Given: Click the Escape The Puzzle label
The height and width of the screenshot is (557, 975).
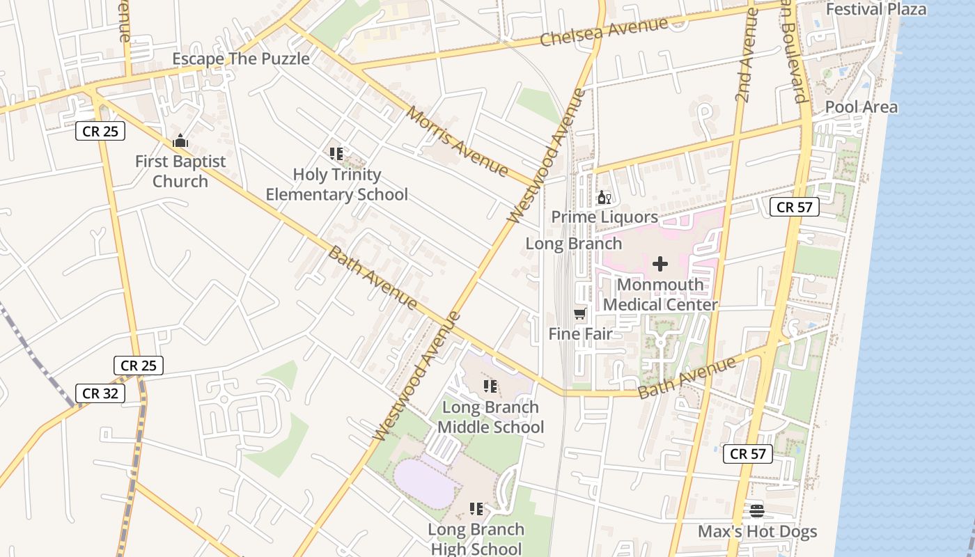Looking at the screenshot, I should pyautogui.click(x=241, y=59).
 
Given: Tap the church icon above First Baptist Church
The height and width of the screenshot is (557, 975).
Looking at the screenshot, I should pyautogui.click(x=180, y=141).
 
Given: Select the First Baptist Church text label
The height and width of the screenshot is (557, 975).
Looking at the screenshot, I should pyautogui.click(x=180, y=171).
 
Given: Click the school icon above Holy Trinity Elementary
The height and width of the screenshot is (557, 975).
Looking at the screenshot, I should pyautogui.click(x=336, y=154).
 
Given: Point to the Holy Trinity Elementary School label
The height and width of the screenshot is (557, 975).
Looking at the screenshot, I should pyautogui.click(x=336, y=185).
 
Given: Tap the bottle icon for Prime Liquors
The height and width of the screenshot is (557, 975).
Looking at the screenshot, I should pyautogui.click(x=604, y=198).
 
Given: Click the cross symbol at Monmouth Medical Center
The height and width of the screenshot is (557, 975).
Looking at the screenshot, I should pyautogui.click(x=660, y=264).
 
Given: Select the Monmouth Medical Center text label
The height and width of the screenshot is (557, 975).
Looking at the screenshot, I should pyautogui.click(x=660, y=295).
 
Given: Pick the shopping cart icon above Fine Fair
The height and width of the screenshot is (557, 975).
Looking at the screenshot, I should pyautogui.click(x=580, y=315).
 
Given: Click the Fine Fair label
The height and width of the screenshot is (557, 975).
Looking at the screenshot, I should pyautogui.click(x=580, y=334).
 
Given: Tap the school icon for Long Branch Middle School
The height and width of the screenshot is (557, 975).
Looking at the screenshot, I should pyautogui.click(x=490, y=386).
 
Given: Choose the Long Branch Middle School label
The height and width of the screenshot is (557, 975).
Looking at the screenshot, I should pyautogui.click(x=490, y=417).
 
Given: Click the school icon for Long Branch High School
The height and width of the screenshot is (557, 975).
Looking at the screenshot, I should pyautogui.click(x=476, y=509).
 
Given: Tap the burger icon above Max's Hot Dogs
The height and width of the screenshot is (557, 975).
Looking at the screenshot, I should pyautogui.click(x=757, y=511).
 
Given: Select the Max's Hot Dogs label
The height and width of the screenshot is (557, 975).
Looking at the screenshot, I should pyautogui.click(x=757, y=533).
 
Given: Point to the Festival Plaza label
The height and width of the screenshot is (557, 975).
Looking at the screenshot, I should pyautogui.click(x=875, y=9).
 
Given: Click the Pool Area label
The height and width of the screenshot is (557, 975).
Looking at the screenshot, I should pyautogui.click(x=861, y=107).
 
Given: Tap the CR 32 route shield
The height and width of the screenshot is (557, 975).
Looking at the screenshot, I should pyautogui.click(x=100, y=393).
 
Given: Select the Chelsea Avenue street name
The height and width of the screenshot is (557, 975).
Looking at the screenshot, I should pyautogui.click(x=603, y=32).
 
